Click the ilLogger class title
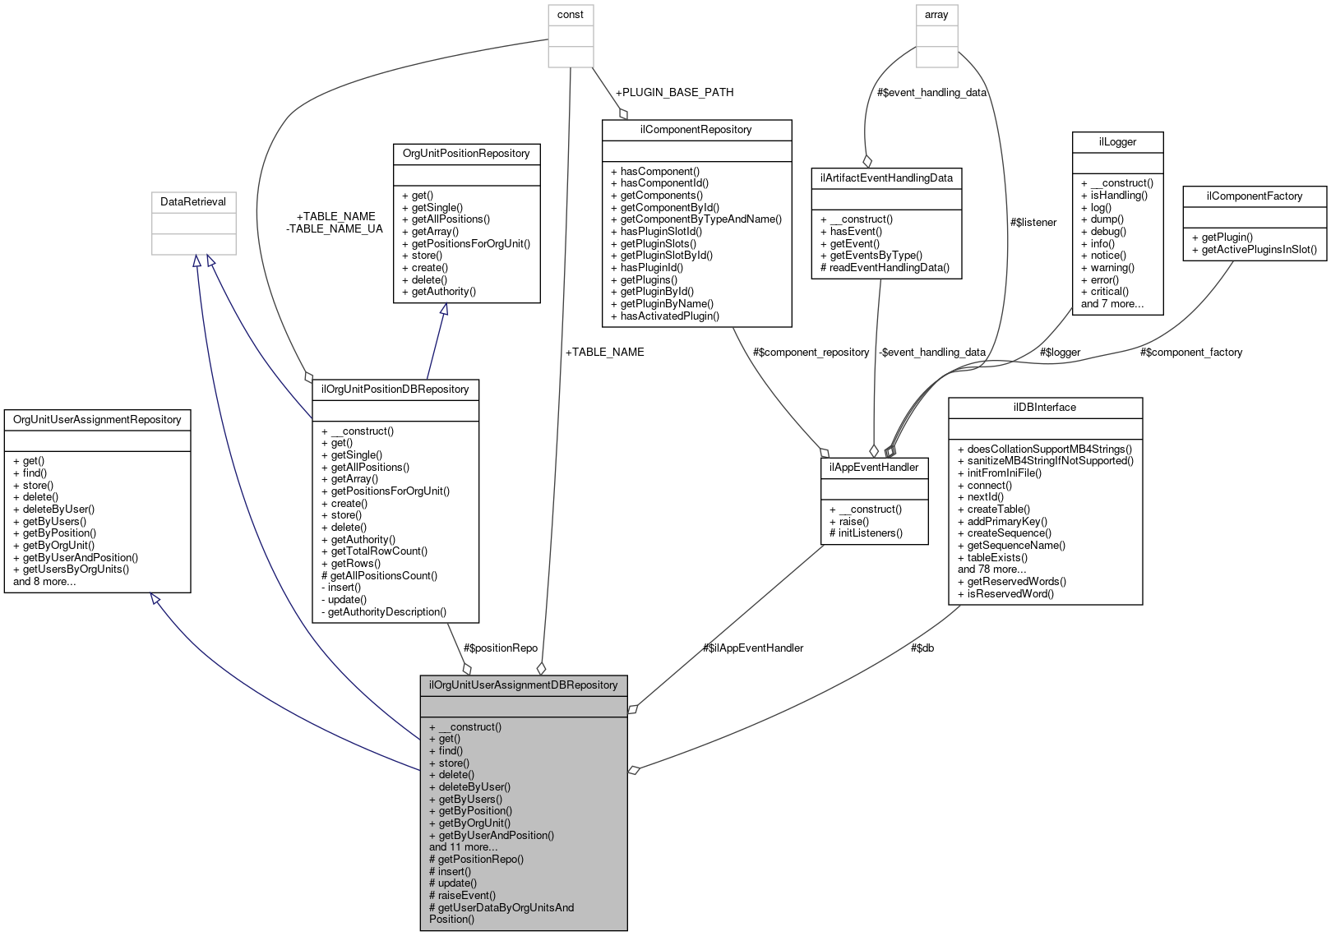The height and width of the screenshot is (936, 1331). (1117, 142)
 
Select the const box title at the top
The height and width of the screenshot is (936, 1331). (570, 15)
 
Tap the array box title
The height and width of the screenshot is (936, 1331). (936, 15)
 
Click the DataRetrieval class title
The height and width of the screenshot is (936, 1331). (193, 202)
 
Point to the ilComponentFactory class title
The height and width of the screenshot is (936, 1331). (1254, 196)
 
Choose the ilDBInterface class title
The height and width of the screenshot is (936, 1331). (1044, 408)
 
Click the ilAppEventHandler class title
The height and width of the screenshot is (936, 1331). (874, 468)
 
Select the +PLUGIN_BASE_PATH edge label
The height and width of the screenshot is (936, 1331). (674, 92)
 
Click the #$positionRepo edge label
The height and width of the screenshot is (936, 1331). (500, 648)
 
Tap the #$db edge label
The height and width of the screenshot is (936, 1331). (922, 648)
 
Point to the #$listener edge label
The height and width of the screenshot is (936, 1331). (1033, 222)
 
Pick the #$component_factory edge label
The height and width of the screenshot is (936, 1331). (1190, 352)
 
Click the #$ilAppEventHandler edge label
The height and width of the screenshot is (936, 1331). (752, 648)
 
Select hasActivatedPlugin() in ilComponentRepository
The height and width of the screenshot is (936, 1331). (669, 316)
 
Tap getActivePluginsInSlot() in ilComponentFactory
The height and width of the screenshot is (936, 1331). (1258, 250)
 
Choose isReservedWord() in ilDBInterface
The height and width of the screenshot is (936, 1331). (1010, 593)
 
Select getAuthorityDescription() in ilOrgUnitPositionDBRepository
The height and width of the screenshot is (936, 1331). (386, 611)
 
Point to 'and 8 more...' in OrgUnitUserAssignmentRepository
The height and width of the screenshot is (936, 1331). (44, 581)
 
